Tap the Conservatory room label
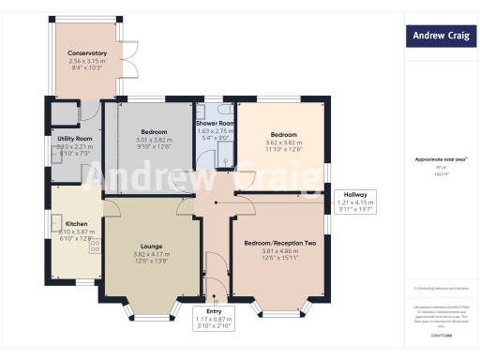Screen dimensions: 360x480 point(87,53)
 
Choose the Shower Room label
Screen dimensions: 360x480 point(215,123)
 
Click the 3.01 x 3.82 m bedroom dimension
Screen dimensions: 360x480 point(154,139)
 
